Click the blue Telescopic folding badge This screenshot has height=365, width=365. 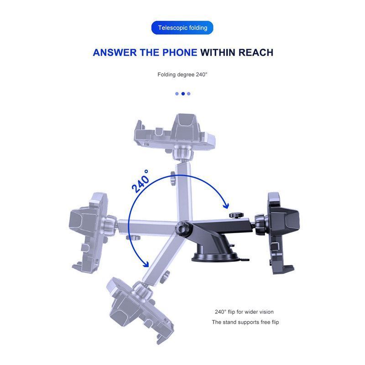click(x=182, y=28)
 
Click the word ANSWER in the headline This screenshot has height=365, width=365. click(x=115, y=52)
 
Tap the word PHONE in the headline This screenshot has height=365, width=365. click(x=180, y=52)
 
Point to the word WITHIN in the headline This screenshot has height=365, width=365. click(x=218, y=52)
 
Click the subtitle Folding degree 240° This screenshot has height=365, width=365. click(x=182, y=74)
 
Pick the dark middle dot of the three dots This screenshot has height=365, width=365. click(x=183, y=94)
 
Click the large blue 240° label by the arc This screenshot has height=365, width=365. click(x=141, y=181)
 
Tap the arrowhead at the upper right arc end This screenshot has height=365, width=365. click(x=226, y=206)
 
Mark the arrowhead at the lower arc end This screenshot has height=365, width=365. click(x=146, y=264)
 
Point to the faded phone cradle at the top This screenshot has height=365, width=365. click(x=175, y=132)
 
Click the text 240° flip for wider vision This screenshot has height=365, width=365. click(x=244, y=312)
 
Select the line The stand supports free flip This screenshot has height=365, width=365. click(x=245, y=322)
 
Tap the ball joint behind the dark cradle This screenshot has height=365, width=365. click(x=261, y=224)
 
